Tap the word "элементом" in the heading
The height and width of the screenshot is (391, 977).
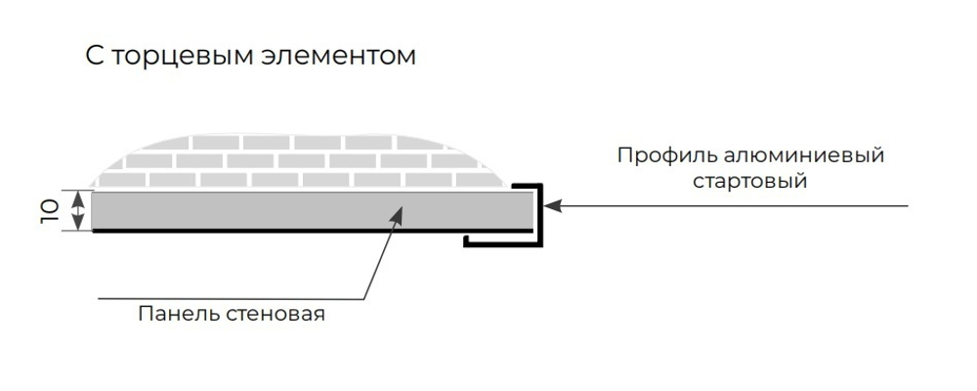point(339,58)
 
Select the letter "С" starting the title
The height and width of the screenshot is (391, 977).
point(94,58)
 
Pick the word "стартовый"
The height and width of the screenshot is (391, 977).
point(749,182)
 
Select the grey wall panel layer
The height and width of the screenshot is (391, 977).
point(244,210)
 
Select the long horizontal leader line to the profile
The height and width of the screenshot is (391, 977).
point(733,206)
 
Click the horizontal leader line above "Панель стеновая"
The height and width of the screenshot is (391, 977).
point(234,298)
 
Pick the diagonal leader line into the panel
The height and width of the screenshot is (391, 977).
point(381,254)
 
